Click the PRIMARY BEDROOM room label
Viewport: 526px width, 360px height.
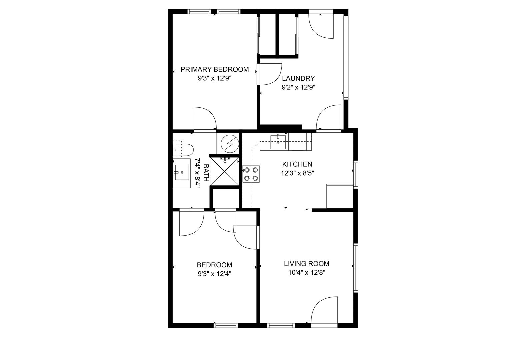coord(214,69)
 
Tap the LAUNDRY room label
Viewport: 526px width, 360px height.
coord(298,78)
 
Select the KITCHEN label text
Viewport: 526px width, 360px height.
coord(297,164)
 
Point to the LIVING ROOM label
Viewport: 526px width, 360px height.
coord(307,264)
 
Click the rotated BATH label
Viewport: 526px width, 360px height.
coord(206,173)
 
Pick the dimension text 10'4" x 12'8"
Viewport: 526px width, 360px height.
coord(307,272)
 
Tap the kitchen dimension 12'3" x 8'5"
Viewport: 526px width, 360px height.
coord(297,173)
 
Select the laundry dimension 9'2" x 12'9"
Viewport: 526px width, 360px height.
coord(298,87)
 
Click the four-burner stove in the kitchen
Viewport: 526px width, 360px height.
coord(251,174)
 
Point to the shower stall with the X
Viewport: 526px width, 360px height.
coord(225,171)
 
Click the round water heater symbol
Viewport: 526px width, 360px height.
coord(230,143)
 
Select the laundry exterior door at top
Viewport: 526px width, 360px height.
coord(321,24)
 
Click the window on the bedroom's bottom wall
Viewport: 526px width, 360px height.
coord(226,326)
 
